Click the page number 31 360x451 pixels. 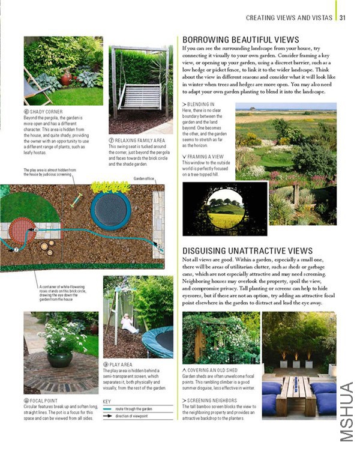[x=343, y=17]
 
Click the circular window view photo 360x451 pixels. [x=224, y=208]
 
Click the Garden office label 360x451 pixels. [x=145, y=178]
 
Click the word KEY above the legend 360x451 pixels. [x=107, y=401]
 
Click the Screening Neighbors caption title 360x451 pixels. [x=212, y=400]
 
